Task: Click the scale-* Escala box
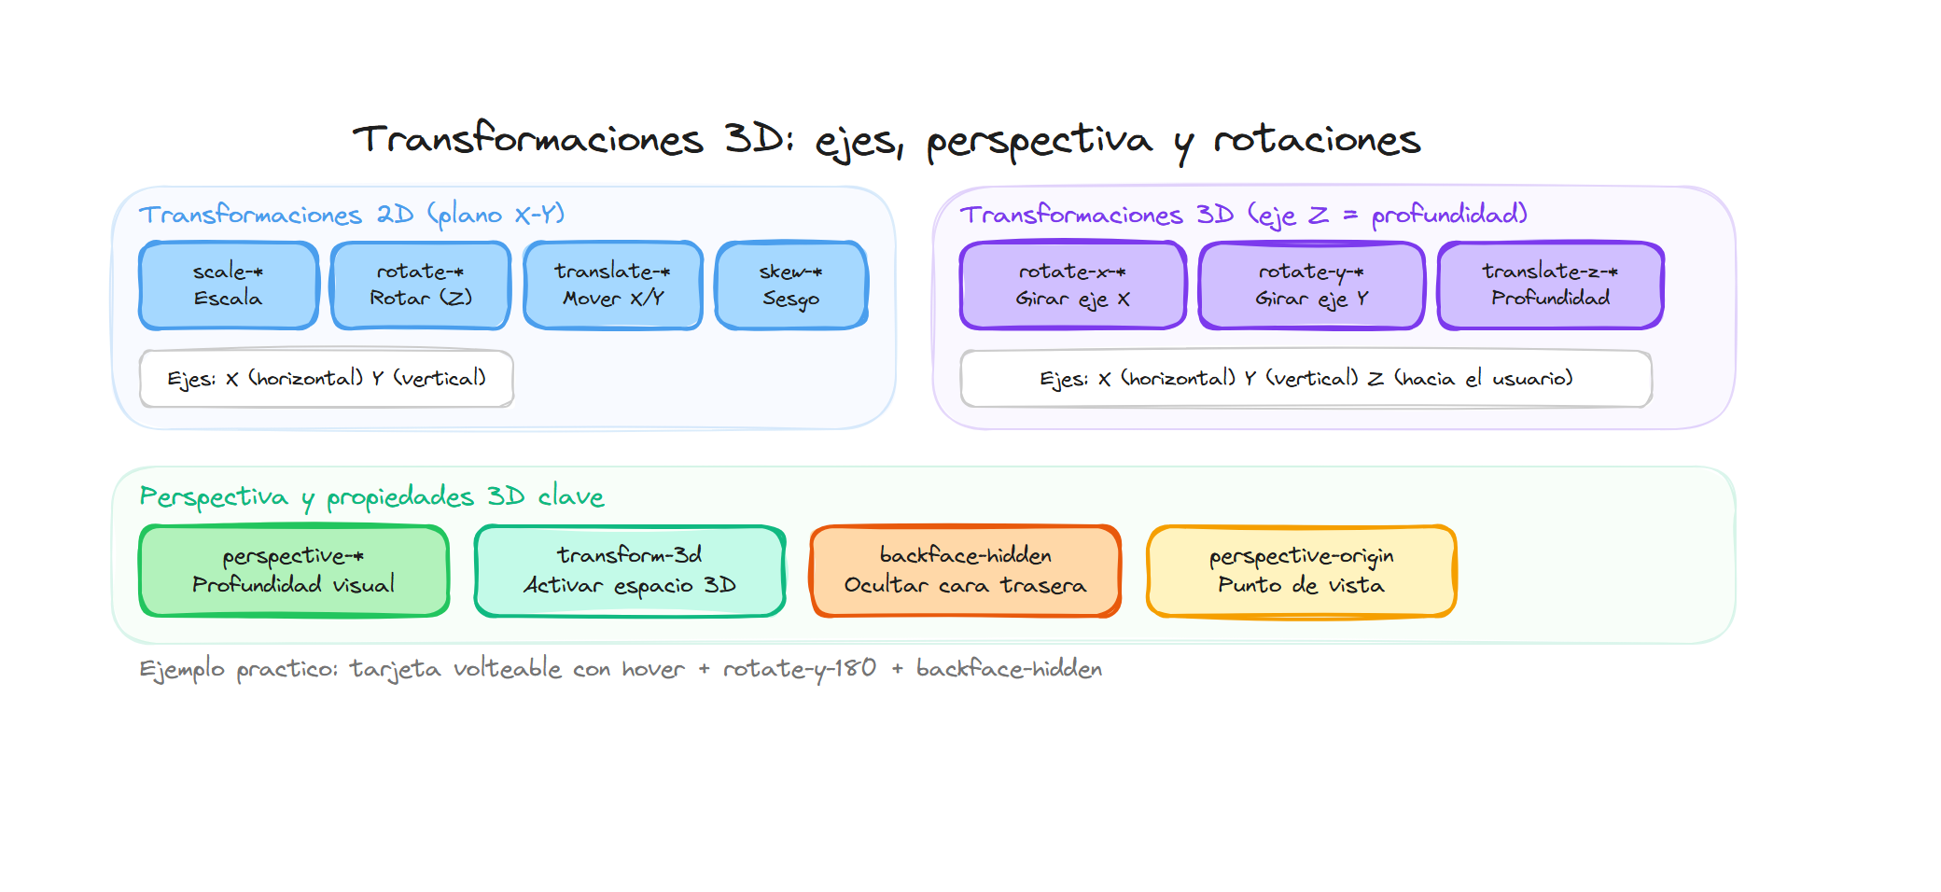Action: point(229,286)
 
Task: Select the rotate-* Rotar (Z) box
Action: point(421,286)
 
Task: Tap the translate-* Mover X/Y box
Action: point(613,286)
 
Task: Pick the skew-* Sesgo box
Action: point(791,286)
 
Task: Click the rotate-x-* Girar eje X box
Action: point(1073,286)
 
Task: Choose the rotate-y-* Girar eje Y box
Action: point(1312,286)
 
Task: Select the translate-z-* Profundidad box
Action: point(1551,286)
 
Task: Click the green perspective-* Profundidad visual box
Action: point(294,571)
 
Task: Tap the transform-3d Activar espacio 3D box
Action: point(630,571)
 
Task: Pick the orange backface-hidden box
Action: point(966,571)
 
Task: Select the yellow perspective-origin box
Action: point(1302,571)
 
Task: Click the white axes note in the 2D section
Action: point(327,379)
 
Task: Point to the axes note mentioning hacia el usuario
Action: point(1306,379)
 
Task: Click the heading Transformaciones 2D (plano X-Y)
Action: point(352,215)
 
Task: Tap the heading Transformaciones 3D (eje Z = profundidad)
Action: point(1243,215)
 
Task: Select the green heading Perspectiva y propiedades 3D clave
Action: point(371,496)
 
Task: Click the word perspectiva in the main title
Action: point(1039,141)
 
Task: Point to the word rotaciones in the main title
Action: point(1316,141)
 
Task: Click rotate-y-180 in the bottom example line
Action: point(800,669)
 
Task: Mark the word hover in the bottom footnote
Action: point(653,669)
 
